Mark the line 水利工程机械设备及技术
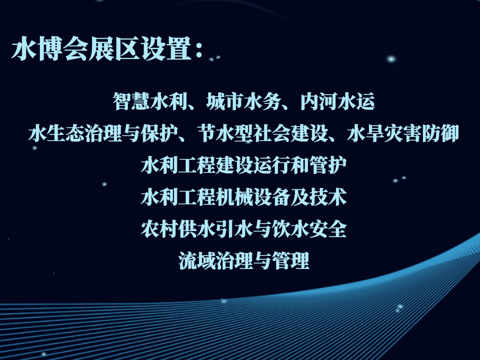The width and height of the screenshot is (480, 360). tap(244, 197)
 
